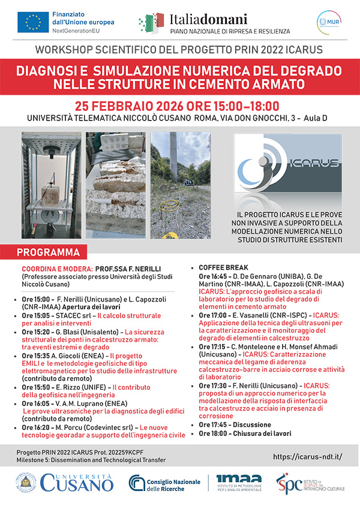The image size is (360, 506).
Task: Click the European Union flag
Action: [x=34, y=22]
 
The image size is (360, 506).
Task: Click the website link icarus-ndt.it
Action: [x=307, y=456]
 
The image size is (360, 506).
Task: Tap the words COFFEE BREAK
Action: [x=223, y=267]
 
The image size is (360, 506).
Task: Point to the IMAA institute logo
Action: [x=239, y=483]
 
